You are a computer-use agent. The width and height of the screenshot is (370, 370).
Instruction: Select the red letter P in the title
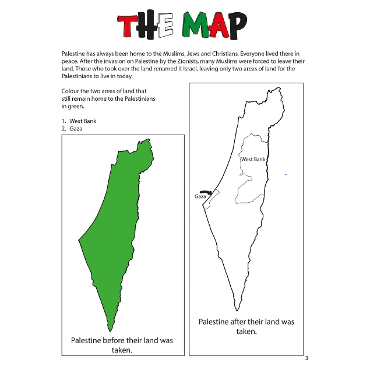click(x=232, y=25)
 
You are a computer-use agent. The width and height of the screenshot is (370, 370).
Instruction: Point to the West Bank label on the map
click(x=253, y=159)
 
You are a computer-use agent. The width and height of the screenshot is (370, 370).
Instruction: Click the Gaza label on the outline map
click(x=201, y=197)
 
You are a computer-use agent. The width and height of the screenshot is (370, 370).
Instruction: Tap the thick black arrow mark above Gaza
click(x=205, y=191)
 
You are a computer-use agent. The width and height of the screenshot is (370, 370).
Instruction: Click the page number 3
click(x=306, y=358)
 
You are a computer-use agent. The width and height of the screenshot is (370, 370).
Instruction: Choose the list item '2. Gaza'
click(x=73, y=128)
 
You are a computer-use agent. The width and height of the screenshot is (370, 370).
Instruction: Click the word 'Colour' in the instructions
click(x=71, y=91)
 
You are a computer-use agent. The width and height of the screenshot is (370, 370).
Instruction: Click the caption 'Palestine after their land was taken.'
click(x=246, y=326)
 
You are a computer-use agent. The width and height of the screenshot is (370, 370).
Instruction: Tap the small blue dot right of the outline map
click(x=286, y=174)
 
